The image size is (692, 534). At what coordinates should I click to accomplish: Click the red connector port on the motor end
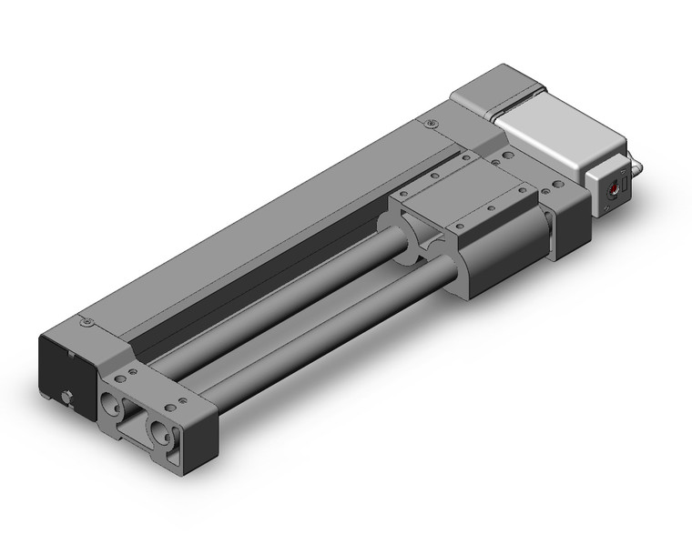pyautogui.click(x=616, y=187)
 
